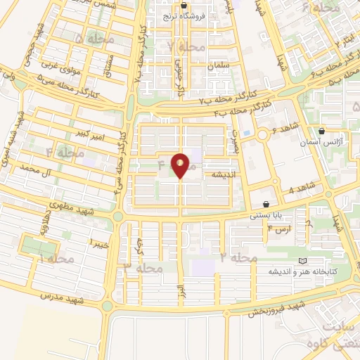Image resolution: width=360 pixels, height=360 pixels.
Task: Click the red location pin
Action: [181, 166]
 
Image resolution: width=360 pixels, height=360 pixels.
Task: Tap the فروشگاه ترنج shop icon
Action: [184, 6]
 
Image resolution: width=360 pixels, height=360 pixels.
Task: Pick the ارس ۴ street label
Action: [279, 229]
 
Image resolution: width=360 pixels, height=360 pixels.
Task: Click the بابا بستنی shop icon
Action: [266, 203]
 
